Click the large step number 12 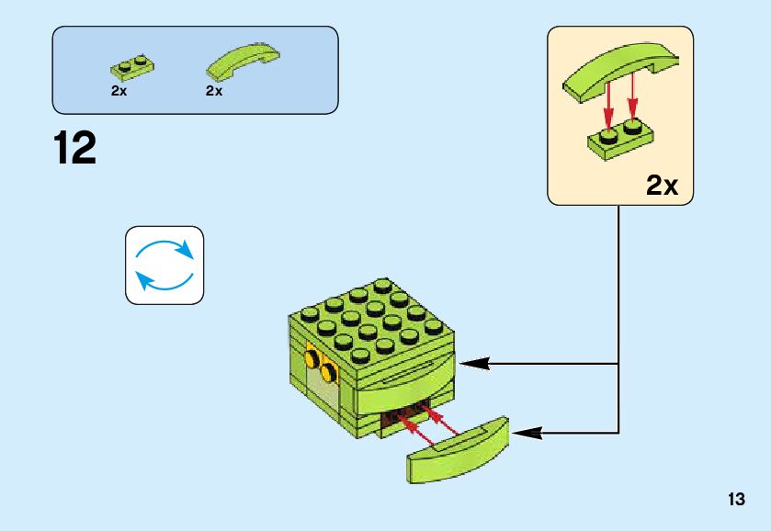point(74,149)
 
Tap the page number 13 point(735,500)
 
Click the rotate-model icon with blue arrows point(164,265)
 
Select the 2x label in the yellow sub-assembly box point(661,186)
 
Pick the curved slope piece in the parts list point(244,62)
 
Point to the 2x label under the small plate point(119,92)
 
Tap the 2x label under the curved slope point(214,92)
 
